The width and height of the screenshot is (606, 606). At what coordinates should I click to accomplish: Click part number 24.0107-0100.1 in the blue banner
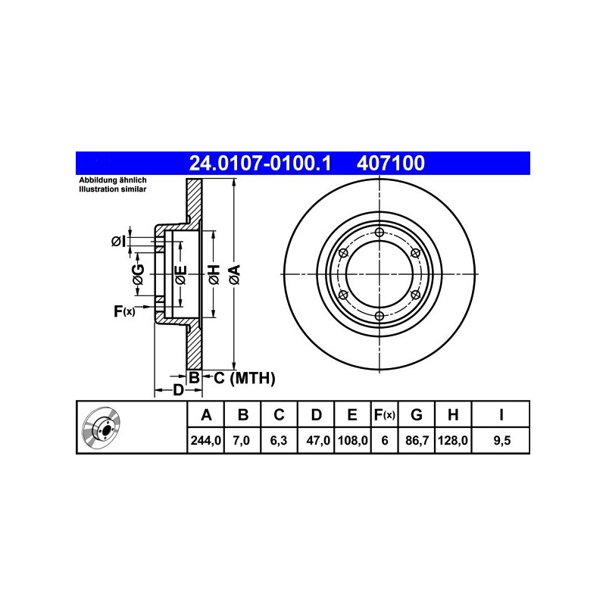click(x=260, y=163)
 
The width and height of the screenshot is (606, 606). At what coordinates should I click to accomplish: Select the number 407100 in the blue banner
click(x=390, y=163)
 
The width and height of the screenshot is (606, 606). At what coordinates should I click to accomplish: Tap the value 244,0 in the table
click(x=205, y=440)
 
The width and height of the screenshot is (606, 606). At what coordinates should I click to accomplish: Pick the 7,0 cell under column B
click(x=242, y=440)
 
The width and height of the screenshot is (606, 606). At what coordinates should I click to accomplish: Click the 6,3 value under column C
click(x=278, y=440)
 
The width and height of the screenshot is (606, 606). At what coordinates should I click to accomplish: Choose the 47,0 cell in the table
click(x=317, y=440)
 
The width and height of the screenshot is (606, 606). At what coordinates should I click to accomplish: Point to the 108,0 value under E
click(x=352, y=440)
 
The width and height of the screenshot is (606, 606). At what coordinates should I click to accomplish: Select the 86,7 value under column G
click(x=417, y=440)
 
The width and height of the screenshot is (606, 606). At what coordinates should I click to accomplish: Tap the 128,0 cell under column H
click(x=452, y=440)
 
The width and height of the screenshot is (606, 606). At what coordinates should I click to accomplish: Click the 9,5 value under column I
click(x=502, y=440)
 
